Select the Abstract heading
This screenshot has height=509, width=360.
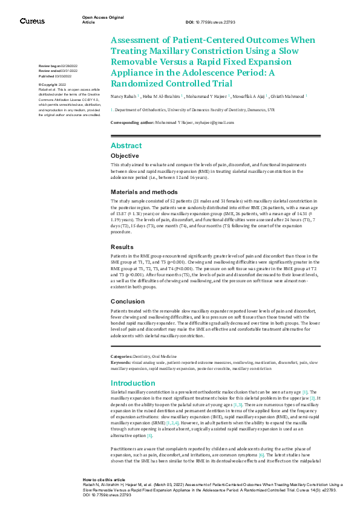tap(126, 146)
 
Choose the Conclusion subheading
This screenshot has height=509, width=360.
tap(127, 301)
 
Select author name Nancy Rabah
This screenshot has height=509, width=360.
tap(123, 96)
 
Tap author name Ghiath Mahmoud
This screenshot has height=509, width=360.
tap(288, 96)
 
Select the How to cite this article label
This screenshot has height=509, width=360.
tap(104, 479)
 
